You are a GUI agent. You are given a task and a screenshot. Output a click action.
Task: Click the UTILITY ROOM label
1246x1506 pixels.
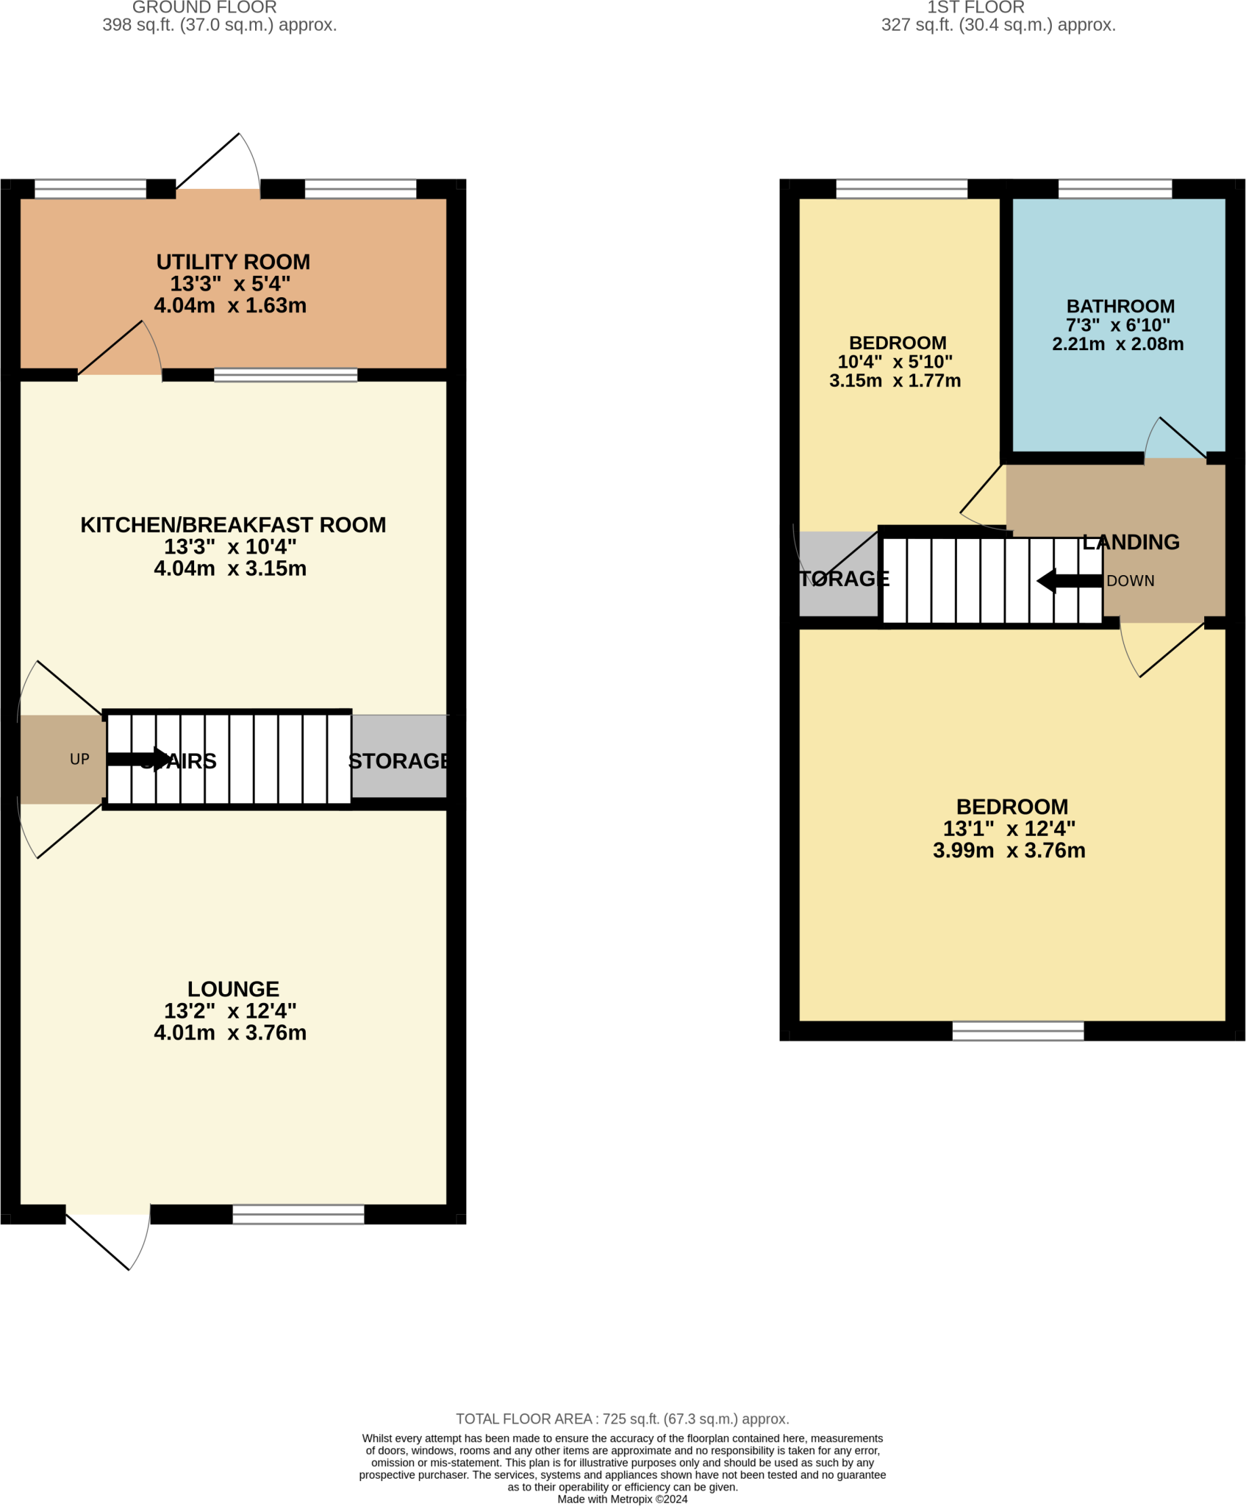(233, 263)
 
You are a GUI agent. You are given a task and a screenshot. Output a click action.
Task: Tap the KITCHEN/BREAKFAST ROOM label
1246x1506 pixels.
(233, 525)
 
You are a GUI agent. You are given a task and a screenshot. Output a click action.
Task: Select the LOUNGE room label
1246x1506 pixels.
(233, 989)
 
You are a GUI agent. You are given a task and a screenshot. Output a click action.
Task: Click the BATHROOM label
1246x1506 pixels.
(1120, 307)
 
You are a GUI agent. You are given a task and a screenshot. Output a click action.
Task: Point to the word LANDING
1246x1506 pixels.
(1131, 542)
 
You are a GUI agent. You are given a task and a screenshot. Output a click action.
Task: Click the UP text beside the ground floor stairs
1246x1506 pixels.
(79, 759)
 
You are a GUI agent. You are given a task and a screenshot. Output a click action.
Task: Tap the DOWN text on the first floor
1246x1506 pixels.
(1130, 581)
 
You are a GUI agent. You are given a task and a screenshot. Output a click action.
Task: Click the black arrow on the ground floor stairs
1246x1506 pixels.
(139, 759)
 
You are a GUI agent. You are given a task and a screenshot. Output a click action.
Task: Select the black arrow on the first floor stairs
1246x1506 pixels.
(1070, 581)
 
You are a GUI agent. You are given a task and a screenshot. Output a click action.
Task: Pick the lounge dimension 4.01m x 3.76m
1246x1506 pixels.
(230, 1032)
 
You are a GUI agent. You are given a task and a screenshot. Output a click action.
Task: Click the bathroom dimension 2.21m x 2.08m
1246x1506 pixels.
(1117, 344)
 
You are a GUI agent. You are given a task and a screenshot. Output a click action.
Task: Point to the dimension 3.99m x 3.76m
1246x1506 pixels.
(1009, 850)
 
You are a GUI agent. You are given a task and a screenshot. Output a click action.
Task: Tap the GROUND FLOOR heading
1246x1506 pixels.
(204, 7)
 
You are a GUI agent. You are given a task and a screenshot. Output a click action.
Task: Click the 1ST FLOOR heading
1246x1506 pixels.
(975, 7)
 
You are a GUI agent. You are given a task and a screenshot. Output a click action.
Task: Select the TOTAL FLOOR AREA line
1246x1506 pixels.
(622, 1418)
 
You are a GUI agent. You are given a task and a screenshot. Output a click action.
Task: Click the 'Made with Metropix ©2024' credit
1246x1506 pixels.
(622, 1499)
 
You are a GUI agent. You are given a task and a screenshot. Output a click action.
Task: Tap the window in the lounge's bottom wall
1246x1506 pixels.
(298, 1214)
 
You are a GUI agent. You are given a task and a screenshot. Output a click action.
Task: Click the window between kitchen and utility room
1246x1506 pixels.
(285, 375)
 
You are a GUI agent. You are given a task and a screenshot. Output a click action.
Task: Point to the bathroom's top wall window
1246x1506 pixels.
(1114, 189)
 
